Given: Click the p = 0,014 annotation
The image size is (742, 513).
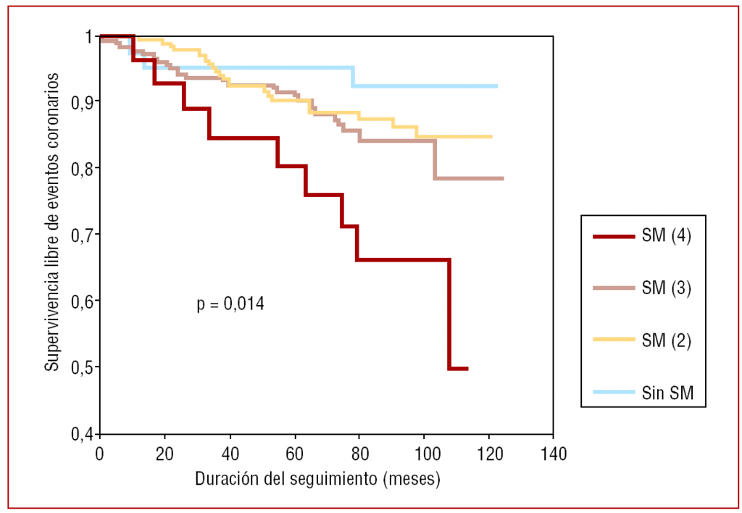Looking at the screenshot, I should click(x=230, y=304).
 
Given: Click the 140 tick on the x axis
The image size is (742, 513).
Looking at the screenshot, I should click(x=553, y=454).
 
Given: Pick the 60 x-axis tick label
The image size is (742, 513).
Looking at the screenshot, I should click(x=294, y=454).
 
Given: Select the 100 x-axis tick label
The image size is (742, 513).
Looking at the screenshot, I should click(x=423, y=454).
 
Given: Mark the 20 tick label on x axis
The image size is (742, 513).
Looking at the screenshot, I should click(x=164, y=454).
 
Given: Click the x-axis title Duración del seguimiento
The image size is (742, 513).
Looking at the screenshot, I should click(x=317, y=480).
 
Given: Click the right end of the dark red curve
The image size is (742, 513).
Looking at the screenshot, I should click(x=467, y=369).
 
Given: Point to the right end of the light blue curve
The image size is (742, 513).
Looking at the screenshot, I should click(x=497, y=86).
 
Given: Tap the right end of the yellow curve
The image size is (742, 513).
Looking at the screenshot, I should click(x=492, y=136).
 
